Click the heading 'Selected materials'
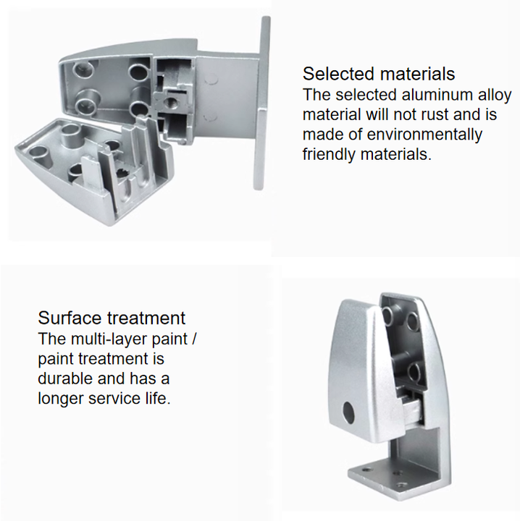pos(378,73)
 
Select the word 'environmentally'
pos(424,135)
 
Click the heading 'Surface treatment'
pos(112,318)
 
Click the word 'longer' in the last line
pos(61,399)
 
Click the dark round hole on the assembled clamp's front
pos(348,412)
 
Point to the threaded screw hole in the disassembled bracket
pos(171,102)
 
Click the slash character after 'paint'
pos(194,339)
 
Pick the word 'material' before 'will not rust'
pos(332,114)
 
